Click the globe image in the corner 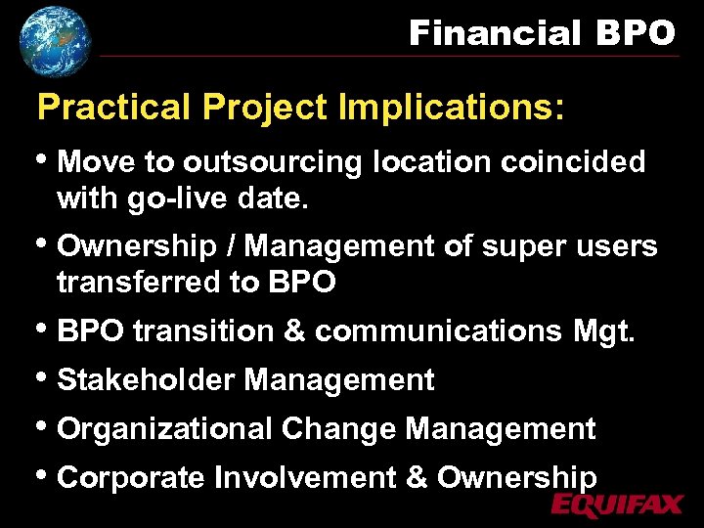click(x=55, y=40)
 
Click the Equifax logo click(x=616, y=504)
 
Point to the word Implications click(x=451, y=108)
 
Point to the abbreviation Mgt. click(x=606, y=331)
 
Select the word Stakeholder click(x=147, y=379)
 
